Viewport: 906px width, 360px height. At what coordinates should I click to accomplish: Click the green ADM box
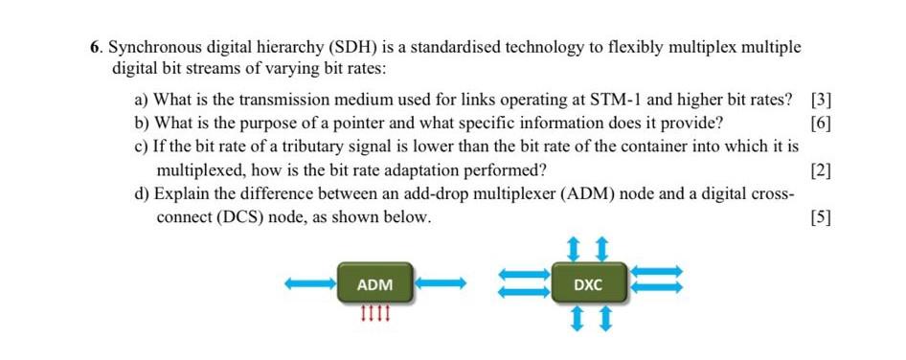click(374, 285)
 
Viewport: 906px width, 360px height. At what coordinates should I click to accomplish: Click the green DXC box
click(588, 285)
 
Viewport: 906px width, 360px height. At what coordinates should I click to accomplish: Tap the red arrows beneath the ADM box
click(374, 312)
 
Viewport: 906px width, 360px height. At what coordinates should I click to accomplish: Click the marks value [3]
click(821, 99)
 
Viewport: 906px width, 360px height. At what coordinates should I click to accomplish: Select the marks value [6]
click(821, 123)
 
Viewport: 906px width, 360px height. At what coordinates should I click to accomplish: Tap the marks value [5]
click(821, 217)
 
